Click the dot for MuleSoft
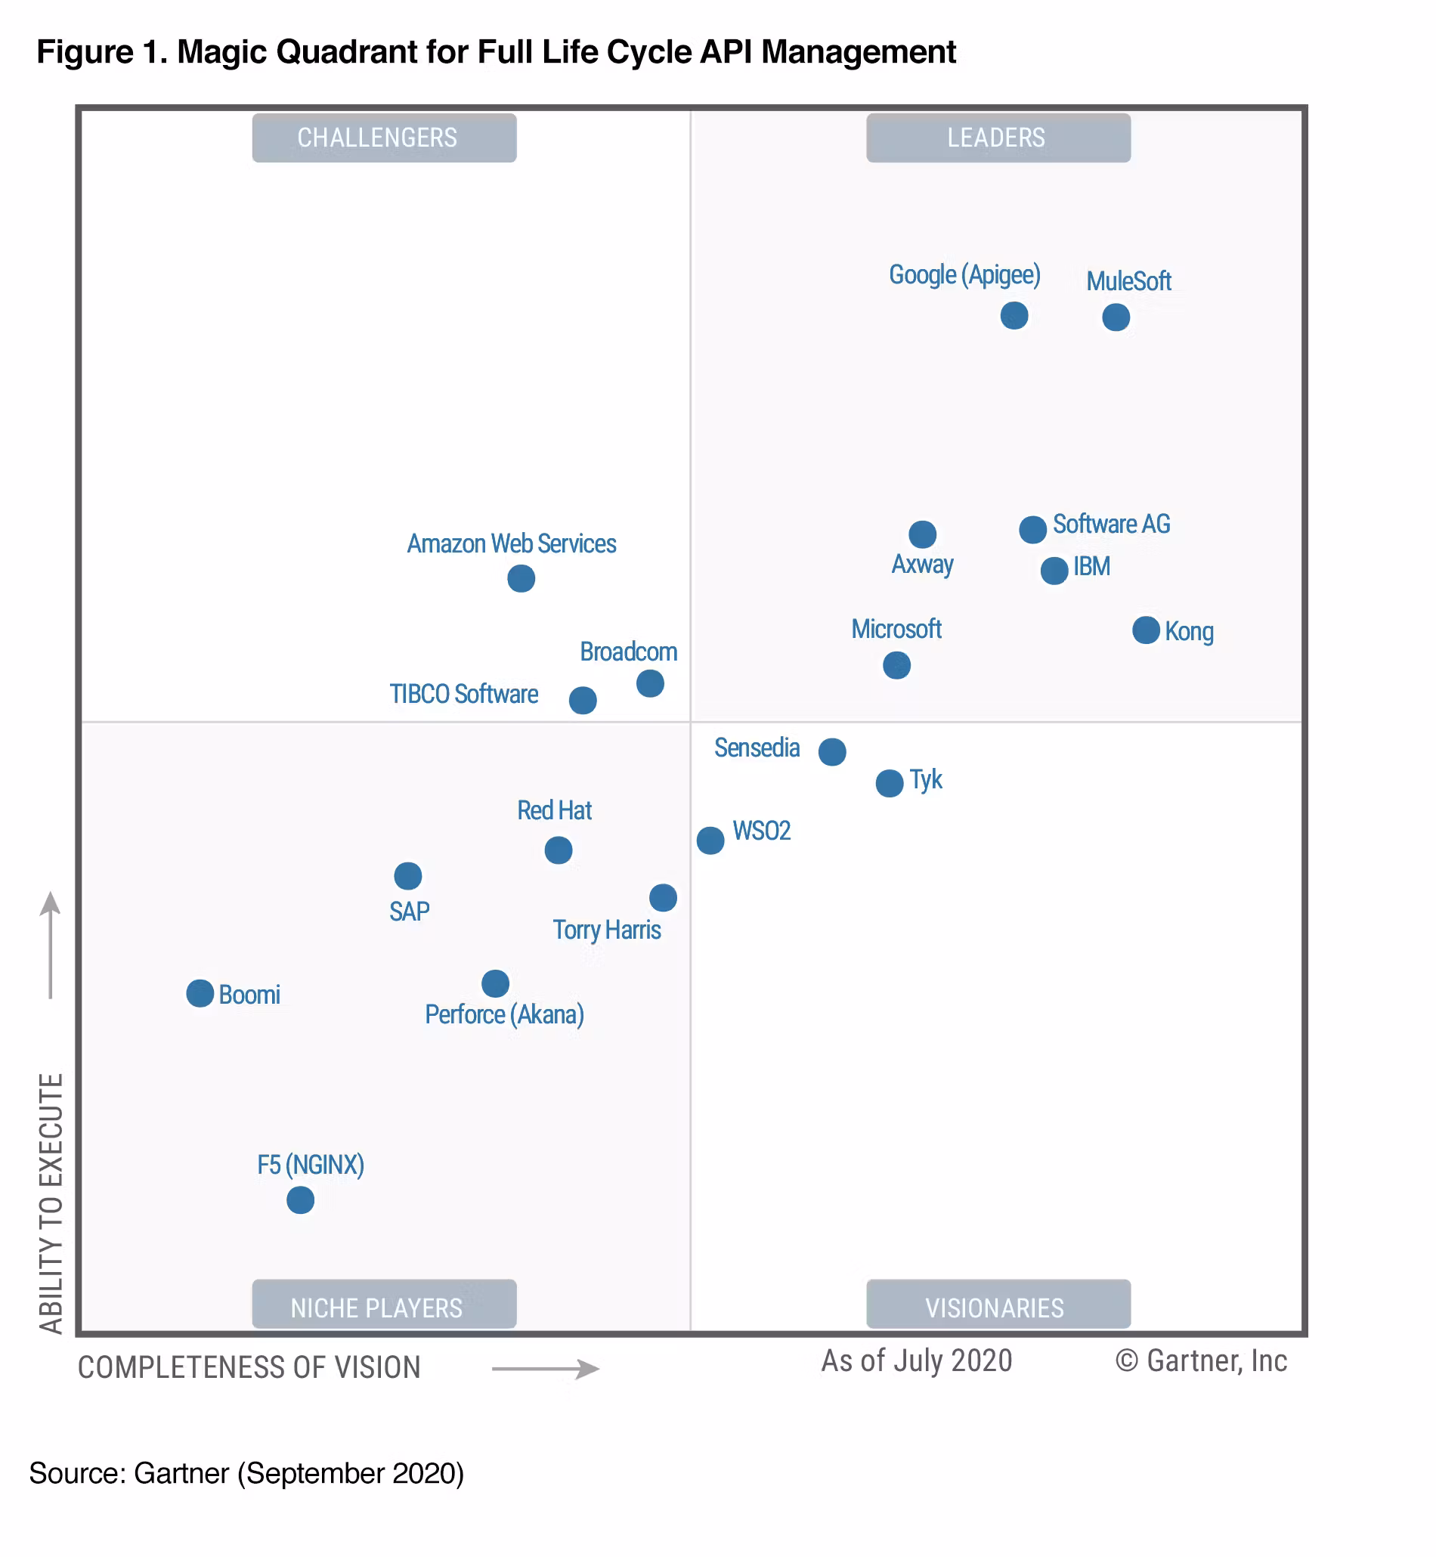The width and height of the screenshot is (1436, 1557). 1116,317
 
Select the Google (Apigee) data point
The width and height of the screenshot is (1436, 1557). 1014,315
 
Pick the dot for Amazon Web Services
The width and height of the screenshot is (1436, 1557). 521,578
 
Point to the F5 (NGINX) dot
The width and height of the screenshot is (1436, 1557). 301,1199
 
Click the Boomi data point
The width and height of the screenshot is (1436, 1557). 200,993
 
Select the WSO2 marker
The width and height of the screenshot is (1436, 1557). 710,840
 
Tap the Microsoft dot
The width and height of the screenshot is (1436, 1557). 896,665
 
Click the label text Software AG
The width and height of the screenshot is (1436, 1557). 1111,525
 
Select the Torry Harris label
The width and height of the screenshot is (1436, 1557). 607,930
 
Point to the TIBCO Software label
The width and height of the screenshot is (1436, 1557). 464,694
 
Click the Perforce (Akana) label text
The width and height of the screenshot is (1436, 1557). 504,1014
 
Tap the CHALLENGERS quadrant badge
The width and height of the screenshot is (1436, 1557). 385,138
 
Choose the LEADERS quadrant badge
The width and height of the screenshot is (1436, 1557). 998,138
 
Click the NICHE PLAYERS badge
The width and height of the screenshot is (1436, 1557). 385,1308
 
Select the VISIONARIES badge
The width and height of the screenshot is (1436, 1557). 998,1308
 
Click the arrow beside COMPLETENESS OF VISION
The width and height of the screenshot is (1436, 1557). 546,1368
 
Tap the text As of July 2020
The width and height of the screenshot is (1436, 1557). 917,1361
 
